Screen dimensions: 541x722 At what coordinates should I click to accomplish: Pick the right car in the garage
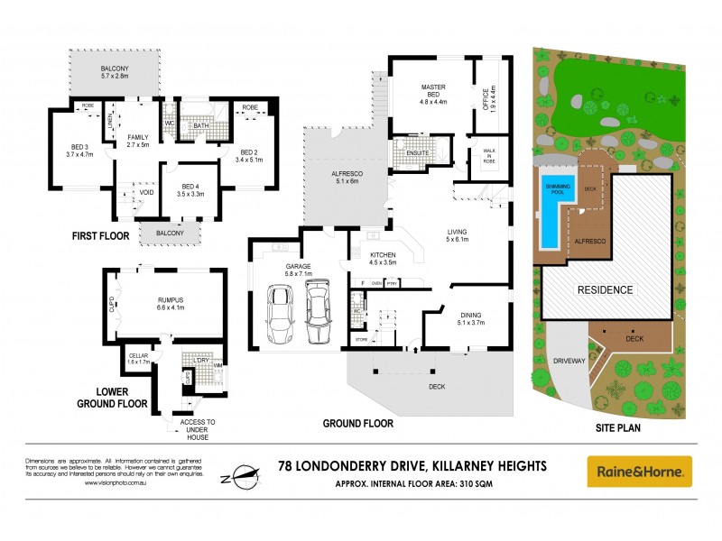(318, 311)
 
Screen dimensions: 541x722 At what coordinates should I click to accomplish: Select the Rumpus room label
(169, 302)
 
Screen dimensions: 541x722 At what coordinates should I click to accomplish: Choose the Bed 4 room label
(189, 190)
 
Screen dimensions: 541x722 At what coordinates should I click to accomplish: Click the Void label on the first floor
(145, 192)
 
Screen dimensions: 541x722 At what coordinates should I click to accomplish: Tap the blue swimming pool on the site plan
(549, 213)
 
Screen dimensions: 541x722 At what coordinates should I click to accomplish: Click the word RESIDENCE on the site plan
(606, 290)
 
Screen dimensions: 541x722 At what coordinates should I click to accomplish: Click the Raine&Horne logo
(640, 471)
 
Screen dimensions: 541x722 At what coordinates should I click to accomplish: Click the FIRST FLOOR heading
(100, 236)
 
